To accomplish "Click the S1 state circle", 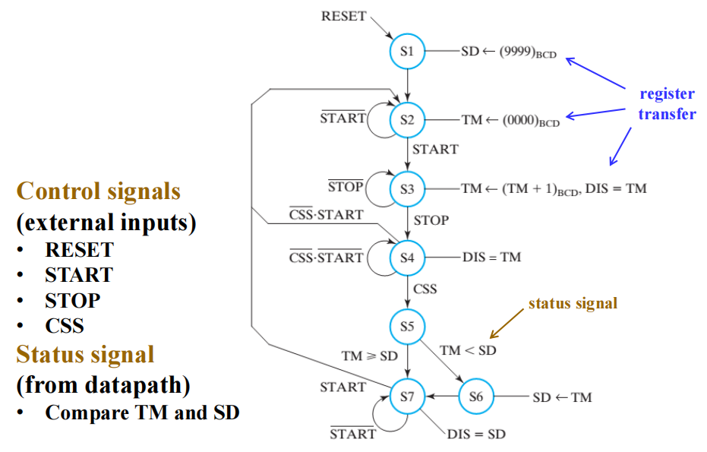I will coord(408,52).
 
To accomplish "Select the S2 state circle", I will coord(408,119).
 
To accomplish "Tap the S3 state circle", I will coord(408,188).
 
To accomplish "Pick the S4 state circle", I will coord(408,257).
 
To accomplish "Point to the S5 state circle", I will coord(408,327).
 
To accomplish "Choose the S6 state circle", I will coord(476,397).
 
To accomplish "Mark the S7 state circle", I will coord(408,397).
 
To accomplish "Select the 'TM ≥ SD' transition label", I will coord(370,355).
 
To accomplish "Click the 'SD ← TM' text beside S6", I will coord(562,397).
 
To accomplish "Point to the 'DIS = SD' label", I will coord(476,434).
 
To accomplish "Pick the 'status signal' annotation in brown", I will coord(573,303).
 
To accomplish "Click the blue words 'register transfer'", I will coord(667,105).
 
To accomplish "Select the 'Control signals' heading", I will coord(99,191).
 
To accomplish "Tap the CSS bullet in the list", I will coord(65,326).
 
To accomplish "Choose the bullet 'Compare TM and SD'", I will coord(143,412).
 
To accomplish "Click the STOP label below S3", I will coord(431,220).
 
